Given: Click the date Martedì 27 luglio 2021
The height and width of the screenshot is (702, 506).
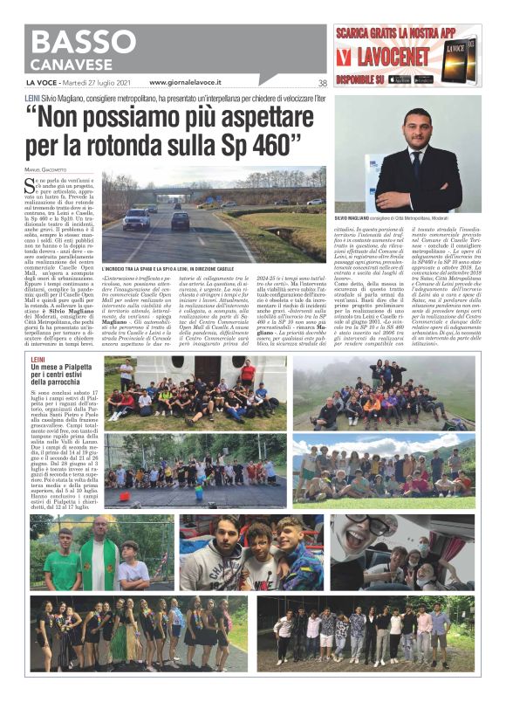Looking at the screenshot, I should click(103, 83).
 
